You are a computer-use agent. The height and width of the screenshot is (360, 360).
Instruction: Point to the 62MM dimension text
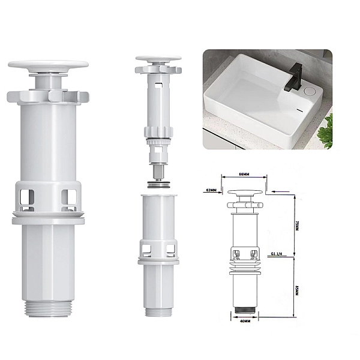tap(211, 190)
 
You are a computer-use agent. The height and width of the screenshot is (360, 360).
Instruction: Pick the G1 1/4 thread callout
tap(277, 254)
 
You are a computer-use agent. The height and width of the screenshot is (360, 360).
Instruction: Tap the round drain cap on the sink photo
tap(310, 91)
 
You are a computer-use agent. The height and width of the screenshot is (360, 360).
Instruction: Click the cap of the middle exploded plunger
tap(158, 59)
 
